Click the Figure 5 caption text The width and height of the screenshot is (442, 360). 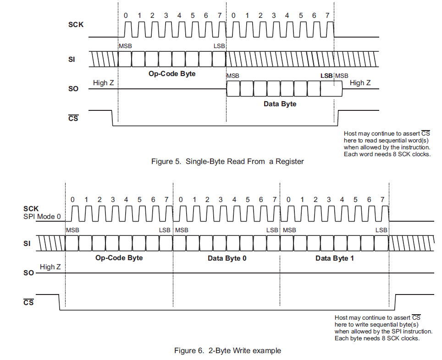tap(227, 161)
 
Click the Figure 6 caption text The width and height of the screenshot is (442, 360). tap(227, 351)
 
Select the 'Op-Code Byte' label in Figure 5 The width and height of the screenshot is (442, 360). tap(172, 74)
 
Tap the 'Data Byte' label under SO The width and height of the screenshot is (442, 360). tap(280, 104)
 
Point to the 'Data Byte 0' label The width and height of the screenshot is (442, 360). tap(227, 258)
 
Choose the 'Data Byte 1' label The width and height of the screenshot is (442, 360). tap(334, 258)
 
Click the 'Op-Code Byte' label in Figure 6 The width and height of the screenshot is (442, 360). tap(119, 258)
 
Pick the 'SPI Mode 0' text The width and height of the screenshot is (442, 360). tap(42, 217)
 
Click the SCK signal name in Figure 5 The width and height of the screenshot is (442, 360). tap(76, 24)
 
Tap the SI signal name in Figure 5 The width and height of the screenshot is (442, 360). tap(72, 59)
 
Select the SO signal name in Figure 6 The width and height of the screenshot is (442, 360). tap(28, 273)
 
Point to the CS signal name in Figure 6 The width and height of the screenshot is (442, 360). tap(28, 303)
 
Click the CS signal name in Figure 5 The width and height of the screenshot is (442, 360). tap(73, 119)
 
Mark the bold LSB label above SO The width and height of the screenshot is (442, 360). tap(326, 76)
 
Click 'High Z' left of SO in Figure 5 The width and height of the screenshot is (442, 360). tap(104, 83)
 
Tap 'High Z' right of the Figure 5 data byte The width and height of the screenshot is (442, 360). tap(363, 83)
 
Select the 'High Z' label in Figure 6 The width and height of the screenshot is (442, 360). tap(50, 267)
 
